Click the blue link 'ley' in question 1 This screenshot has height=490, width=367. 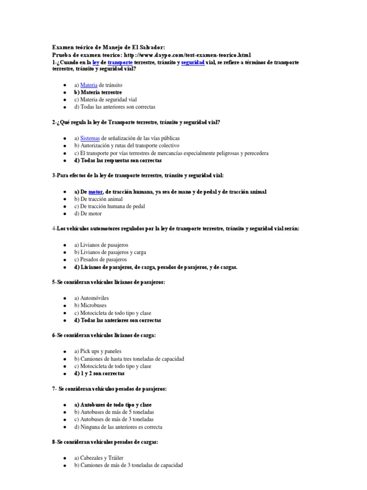(x=96, y=62)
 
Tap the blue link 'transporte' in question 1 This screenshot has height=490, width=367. (x=120, y=62)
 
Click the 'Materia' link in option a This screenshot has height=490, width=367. (x=89, y=85)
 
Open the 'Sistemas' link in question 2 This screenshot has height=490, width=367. (x=90, y=138)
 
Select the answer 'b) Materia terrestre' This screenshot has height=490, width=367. (x=98, y=92)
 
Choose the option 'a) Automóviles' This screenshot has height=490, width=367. (x=91, y=298)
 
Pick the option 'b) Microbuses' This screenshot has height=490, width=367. (x=90, y=305)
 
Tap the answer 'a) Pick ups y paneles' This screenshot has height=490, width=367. (x=98, y=351)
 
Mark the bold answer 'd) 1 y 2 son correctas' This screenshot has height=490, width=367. (x=99, y=373)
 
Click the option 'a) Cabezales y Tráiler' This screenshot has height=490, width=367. (x=98, y=457)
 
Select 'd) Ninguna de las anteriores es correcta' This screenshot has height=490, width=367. (x=118, y=427)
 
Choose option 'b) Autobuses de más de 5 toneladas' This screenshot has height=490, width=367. (x=114, y=412)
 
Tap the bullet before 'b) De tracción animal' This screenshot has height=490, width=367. (x=64, y=199)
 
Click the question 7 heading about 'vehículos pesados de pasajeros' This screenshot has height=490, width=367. (x=109, y=389)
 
